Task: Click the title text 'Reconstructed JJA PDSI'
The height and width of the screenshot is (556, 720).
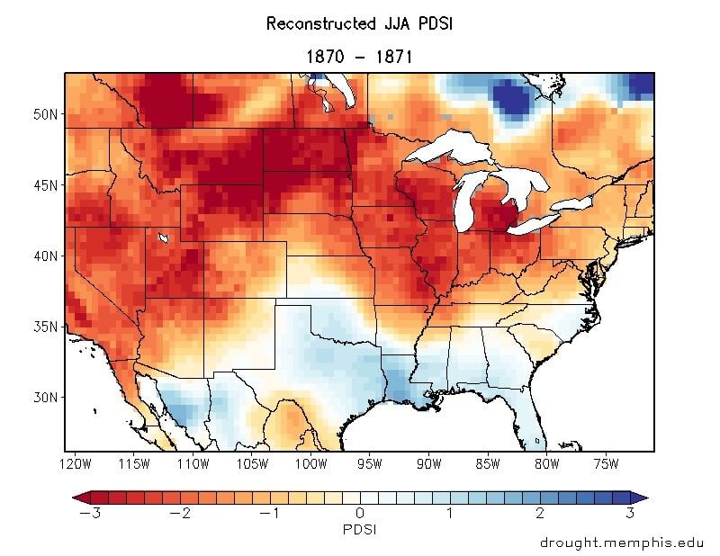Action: click(x=360, y=23)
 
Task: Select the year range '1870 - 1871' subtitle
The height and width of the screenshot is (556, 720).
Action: click(x=360, y=56)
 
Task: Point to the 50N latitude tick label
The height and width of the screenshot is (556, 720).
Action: click(x=45, y=115)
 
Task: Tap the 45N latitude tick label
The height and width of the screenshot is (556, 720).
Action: click(x=45, y=185)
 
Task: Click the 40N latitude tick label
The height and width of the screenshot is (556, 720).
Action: click(x=45, y=256)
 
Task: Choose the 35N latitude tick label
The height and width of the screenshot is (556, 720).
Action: click(x=45, y=326)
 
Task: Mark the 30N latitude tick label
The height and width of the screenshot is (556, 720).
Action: click(x=45, y=397)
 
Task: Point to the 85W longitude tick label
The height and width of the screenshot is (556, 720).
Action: click(x=488, y=464)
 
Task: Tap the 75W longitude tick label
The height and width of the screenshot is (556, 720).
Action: click(x=606, y=464)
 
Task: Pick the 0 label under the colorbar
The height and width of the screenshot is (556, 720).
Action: click(x=360, y=513)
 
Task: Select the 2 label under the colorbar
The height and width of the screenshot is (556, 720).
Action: click(x=540, y=513)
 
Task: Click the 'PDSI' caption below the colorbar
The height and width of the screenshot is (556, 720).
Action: click(x=360, y=530)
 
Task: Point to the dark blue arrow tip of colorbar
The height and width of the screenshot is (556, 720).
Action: click(x=641, y=497)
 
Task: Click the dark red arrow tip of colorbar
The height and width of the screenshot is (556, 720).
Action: click(x=79, y=497)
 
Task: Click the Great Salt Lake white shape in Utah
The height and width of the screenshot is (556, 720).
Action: click(x=163, y=238)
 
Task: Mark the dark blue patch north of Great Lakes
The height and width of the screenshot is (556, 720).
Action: click(x=510, y=98)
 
